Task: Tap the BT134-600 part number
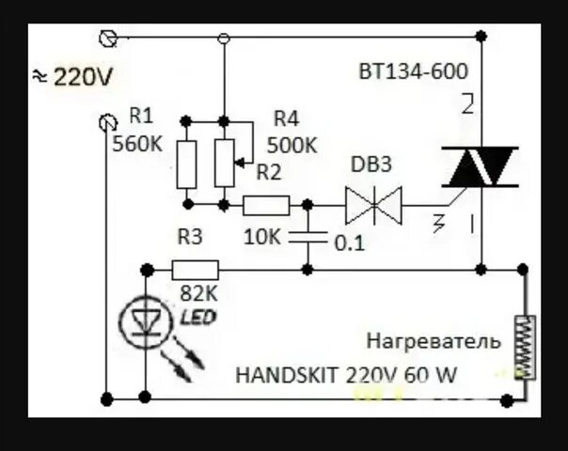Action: coord(412,70)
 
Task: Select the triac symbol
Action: coord(480,166)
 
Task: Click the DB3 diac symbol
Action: coord(373,204)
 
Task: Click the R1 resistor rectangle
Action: coord(186,163)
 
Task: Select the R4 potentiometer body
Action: coord(224,163)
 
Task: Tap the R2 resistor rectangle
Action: coord(266,204)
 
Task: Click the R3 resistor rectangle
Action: coord(196,270)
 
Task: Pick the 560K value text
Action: coord(137,145)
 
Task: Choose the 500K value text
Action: coord(292,146)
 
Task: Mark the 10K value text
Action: coord(261,239)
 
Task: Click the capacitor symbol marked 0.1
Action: coord(308,236)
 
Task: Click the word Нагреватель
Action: coord(433,340)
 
